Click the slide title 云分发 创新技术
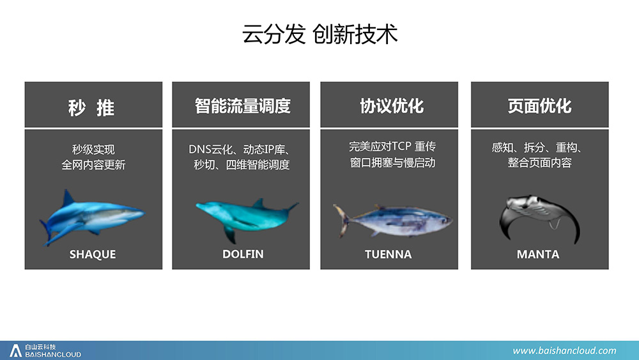click(320, 34)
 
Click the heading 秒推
click(91, 108)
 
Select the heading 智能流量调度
click(242, 106)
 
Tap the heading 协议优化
click(392, 106)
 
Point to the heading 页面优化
click(539, 106)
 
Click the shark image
click(91, 217)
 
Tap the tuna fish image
click(392, 221)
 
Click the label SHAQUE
click(93, 254)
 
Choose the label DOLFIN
click(243, 254)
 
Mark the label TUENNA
click(389, 254)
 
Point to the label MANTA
click(538, 254)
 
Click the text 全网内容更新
click(93, 165)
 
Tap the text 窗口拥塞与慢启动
click(393, 162)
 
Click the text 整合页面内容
click(539, 162)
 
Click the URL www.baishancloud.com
click(564, 350)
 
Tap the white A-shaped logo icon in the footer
click(15, 350)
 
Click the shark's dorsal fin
click(68, 198)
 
